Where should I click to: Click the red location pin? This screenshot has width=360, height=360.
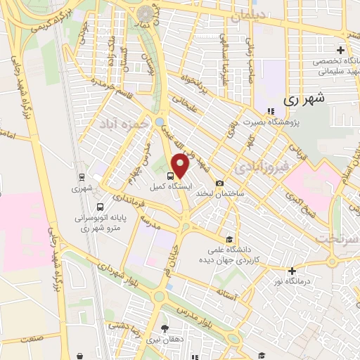click(x=181, y=166)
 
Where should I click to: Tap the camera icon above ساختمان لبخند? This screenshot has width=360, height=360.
click(x=220, y=182)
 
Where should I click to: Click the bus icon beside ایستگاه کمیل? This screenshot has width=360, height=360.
click(x=173, y=176)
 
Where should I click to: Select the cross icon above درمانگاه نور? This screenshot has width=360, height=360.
click(x=292, y=270)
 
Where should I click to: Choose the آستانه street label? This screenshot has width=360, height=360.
click(x=231, y=291)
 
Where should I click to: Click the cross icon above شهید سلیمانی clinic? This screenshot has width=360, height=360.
click(x=340, y=50)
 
